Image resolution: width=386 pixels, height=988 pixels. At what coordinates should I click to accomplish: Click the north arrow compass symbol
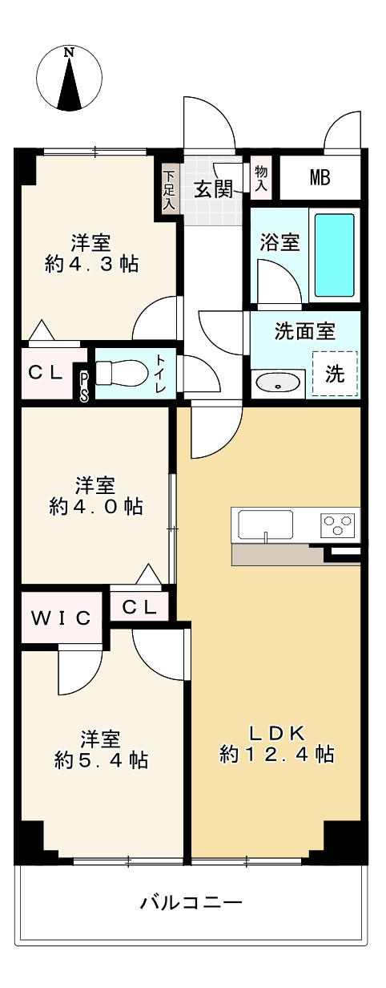pos(70,77)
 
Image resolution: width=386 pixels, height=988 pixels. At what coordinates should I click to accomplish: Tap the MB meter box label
pos(320,178)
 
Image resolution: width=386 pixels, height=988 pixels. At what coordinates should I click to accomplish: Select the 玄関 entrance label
pos(213,189)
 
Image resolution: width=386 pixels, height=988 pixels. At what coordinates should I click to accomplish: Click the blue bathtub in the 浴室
pos(334,255)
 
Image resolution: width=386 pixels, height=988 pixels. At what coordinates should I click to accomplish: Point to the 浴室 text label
pos(280,242)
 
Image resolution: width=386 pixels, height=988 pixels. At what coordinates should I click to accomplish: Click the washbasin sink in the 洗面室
pos(279,384)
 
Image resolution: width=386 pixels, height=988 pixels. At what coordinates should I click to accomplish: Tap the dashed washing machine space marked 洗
pos(335,374)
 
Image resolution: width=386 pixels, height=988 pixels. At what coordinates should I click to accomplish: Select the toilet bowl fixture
pos(125,373)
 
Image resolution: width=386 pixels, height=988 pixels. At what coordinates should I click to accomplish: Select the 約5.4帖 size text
pos(101,759)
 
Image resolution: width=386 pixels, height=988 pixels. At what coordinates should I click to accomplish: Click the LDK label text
pos(275,731)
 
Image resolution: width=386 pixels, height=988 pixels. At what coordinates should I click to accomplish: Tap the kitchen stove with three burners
pos(337,525)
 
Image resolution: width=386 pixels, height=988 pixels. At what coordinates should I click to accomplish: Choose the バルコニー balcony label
pos(191,903)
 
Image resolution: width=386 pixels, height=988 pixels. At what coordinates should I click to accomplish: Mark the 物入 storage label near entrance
pos(261,178)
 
